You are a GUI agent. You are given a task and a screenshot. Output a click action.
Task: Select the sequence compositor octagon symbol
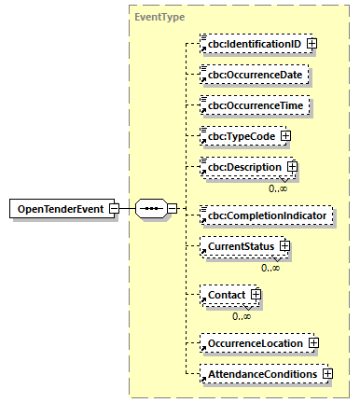[x=152, y=207]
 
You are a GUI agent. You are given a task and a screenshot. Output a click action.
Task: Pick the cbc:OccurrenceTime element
[x=255, y=106]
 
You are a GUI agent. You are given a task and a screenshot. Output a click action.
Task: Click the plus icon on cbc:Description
[x=292, y=167]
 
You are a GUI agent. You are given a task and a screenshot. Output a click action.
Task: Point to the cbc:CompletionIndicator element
[x=266, y=215]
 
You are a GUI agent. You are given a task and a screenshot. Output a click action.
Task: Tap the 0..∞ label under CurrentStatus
[x=271, y=268]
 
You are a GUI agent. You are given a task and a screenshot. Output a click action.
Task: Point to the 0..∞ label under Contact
[x=242, y=316]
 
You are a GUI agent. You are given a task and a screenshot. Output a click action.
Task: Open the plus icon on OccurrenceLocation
[x=314, y=343]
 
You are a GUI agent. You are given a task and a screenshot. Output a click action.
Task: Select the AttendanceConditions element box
[x=261, y=373]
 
